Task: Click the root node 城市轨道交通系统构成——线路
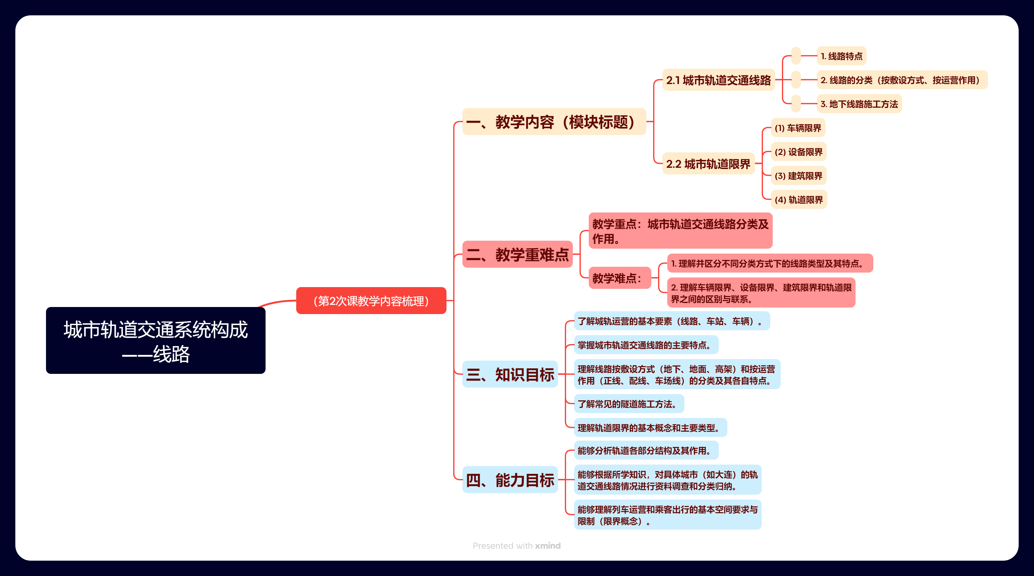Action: click(155, 340)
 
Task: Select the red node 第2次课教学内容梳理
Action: click(371, 301)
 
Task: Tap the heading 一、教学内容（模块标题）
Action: click(554, 122)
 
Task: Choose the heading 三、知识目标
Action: click(510, 374)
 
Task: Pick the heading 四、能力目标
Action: click(510, 480)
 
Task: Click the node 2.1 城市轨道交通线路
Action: click(718, 80)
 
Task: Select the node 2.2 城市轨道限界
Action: click(708, 164)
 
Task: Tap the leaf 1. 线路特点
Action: click(841, 56)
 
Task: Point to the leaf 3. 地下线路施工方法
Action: click(859, 104)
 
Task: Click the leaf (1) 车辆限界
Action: click(798, 128)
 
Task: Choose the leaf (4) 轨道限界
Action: click(799, 199)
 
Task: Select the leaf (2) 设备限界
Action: click(799, 152)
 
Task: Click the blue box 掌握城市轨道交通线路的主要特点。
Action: click(646, 345)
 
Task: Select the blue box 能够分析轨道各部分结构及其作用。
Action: click(646, 450)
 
